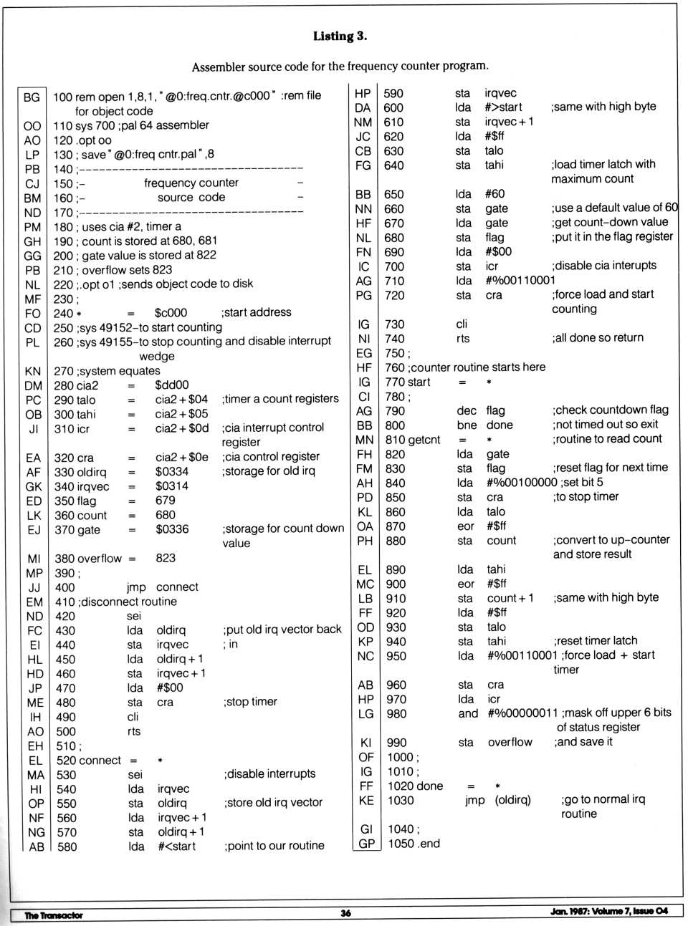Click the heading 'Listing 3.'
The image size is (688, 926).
click(x=340, y=36)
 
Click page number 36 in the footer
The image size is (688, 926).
click(x=345, y=913)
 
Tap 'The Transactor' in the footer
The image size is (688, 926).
click(x=54, y=915)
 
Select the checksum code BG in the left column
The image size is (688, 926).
click(x=32, y=97)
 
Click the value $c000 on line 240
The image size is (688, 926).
click(x=171, y=313)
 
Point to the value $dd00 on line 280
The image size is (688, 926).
click(x=172, y=385)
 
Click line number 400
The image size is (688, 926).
click(x=64, y=587)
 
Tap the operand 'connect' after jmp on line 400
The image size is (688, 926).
click(x=177, y=587)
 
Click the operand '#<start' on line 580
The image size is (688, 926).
click(x=176, y=847)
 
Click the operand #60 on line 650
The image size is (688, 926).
click(x=494, y=194)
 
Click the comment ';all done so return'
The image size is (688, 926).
click(x=598, y=338)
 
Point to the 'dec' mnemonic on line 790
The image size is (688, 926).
click(x=467, y=411)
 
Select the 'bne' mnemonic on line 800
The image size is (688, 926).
click(x=467, y=425)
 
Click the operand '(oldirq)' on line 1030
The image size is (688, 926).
click(x=513, y=800)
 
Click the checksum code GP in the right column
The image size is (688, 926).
click(x=367, y=844)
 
